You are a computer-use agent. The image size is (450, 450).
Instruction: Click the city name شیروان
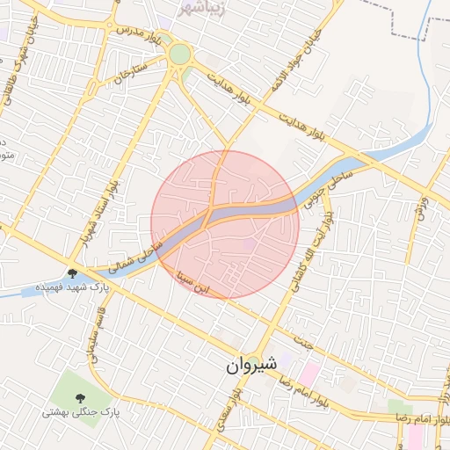[250, 363]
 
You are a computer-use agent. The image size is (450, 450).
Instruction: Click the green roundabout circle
[180, 54]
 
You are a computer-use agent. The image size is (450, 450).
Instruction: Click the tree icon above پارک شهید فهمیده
[72, 273]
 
